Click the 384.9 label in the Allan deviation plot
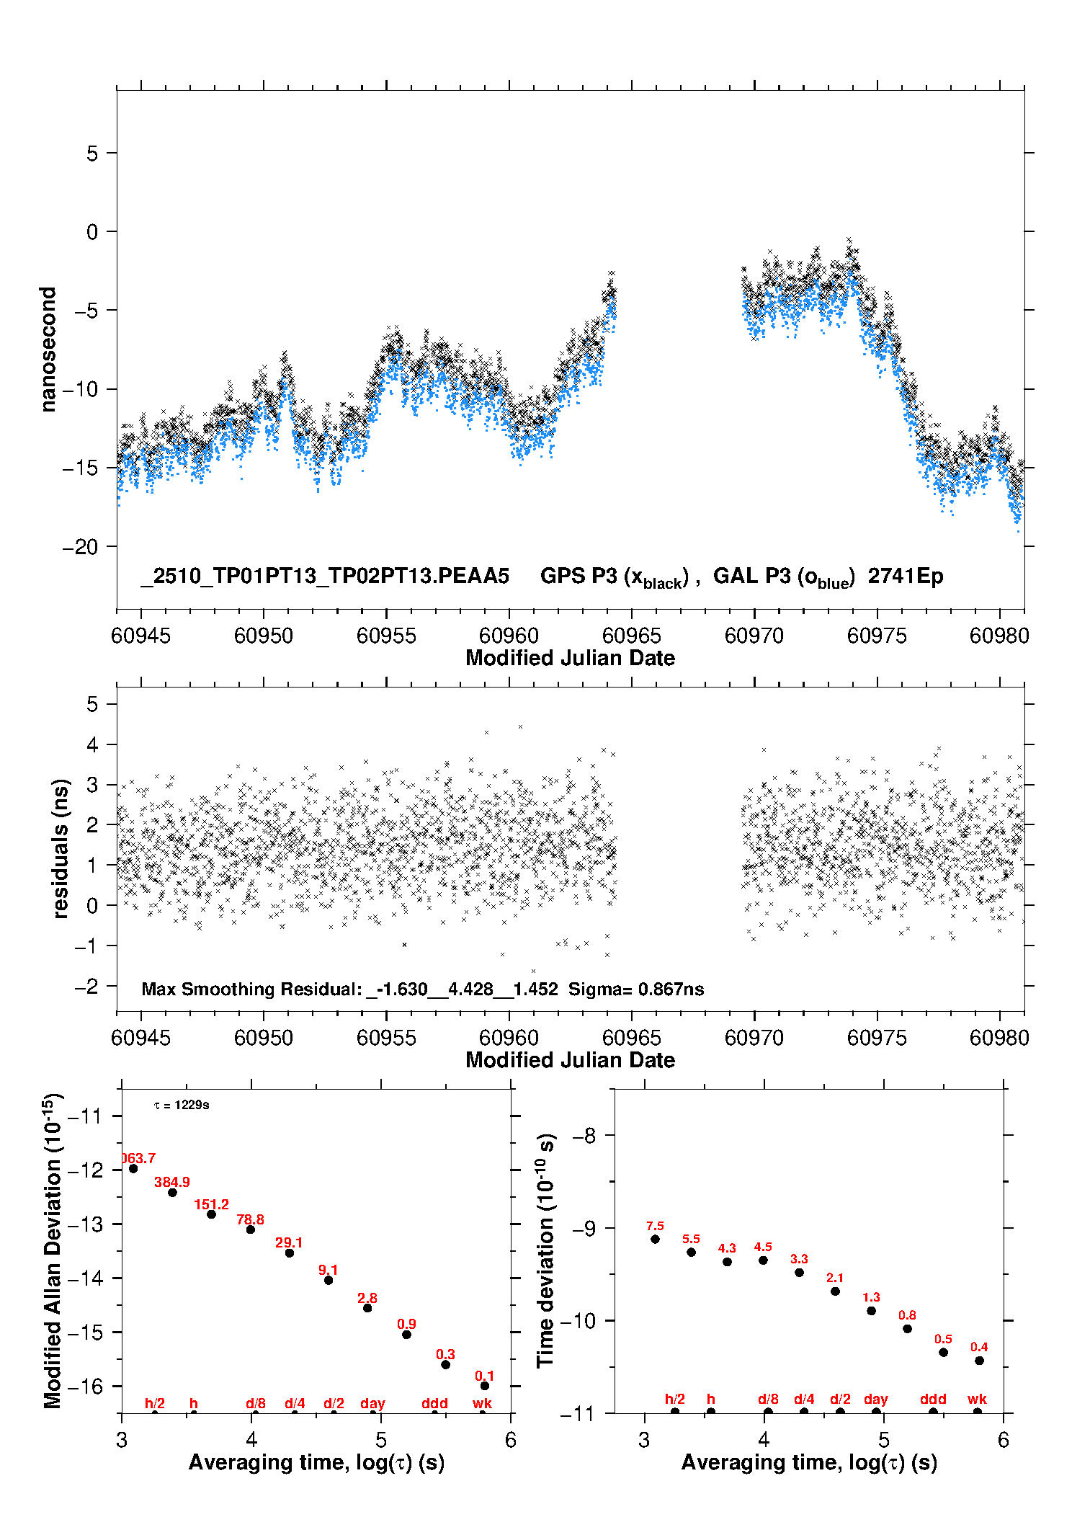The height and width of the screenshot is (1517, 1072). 172,1182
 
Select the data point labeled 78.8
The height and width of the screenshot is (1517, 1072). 251,1229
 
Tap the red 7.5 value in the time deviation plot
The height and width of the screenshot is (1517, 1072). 655,1225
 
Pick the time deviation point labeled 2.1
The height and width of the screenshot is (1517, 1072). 835,1291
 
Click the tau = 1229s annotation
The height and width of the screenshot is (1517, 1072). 182,1105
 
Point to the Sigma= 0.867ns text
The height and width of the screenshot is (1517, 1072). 636,989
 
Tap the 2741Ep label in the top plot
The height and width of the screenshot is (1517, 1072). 906,576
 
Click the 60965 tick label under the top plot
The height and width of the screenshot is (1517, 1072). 632,636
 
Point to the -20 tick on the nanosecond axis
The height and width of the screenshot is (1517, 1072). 80,547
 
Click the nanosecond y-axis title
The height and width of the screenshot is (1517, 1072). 48,350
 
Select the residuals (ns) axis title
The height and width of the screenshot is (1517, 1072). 61,848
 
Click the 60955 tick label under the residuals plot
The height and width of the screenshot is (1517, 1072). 386,1038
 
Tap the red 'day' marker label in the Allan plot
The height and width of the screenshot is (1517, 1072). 372,1403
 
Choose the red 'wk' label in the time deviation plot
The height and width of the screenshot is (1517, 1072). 977,1399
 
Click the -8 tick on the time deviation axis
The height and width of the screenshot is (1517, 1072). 587,1136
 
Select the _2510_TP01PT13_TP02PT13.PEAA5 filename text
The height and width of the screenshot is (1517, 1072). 325,576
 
